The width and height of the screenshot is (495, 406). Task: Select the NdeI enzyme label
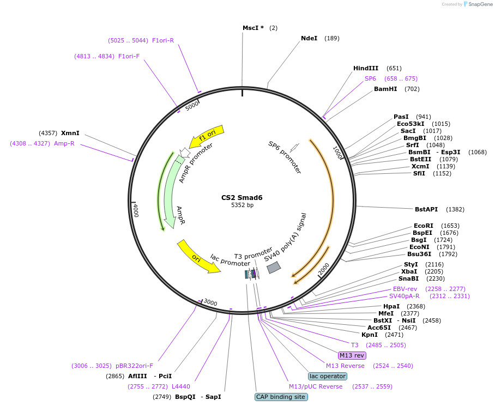tap(309, 38)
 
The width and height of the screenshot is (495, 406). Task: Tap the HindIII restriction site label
tap(365, 68)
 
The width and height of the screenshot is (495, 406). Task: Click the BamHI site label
tap(385, 89)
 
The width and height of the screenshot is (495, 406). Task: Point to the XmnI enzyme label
tap(70, 133)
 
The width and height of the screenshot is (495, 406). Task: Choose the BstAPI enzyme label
tap(426, 209)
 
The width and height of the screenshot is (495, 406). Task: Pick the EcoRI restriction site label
tap(424, 226)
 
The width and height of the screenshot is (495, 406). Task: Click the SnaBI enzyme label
tap(408, 278)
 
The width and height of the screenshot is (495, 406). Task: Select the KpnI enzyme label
tap(370, 335)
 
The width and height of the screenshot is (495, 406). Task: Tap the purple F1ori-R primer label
tap(162, 40)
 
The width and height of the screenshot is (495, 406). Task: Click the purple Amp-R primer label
tap(64, 143)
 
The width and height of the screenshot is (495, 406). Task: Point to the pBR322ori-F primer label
tap(134, 366)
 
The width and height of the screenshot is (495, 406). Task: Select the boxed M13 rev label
tap(352, 355)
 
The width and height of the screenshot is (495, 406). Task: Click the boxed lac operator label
tap(327, 376)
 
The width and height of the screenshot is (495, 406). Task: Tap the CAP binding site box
tap(281, 397)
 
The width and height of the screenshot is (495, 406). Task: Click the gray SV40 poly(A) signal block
tap(273, 267)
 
